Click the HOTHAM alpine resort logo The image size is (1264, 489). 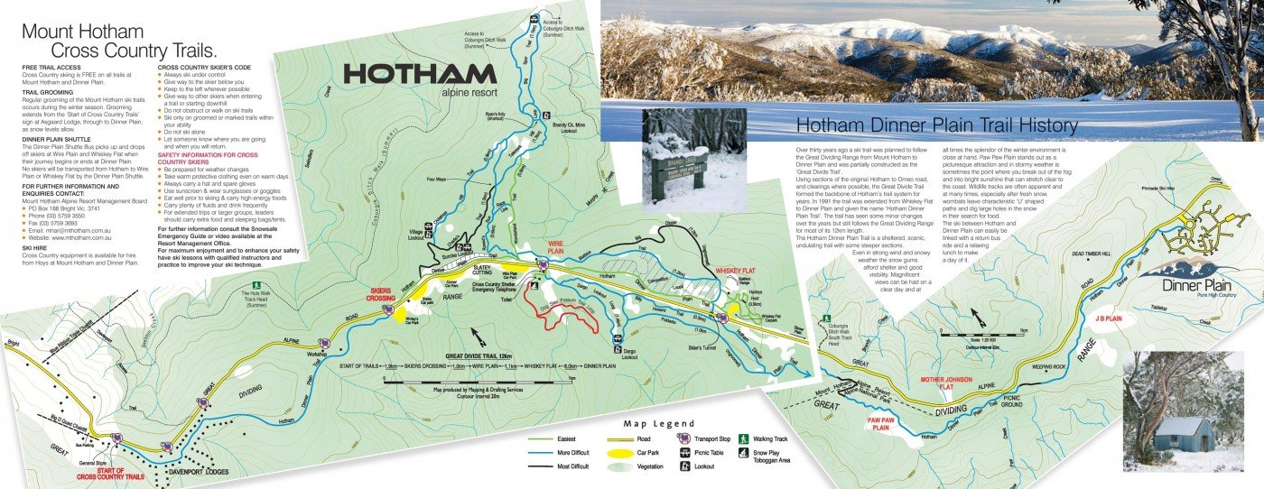point(419,79)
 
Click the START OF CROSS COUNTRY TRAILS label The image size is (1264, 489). point(108,473)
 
